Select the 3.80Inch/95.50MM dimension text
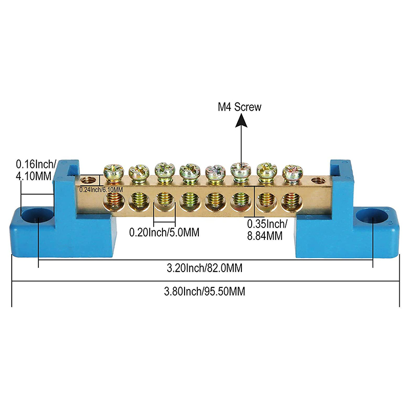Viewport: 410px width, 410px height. (x=204, y=292)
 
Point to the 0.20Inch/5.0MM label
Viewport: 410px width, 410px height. (x=163, y=232)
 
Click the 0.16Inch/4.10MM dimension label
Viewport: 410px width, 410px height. (x=34, y=170)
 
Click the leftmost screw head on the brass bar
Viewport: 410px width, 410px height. (x=111, y=172)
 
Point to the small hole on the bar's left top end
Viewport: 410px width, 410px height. (x=91, y=180)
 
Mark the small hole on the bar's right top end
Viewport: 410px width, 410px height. (x=319, y=181)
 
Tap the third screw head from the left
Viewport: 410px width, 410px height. (x=163, y=170)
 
